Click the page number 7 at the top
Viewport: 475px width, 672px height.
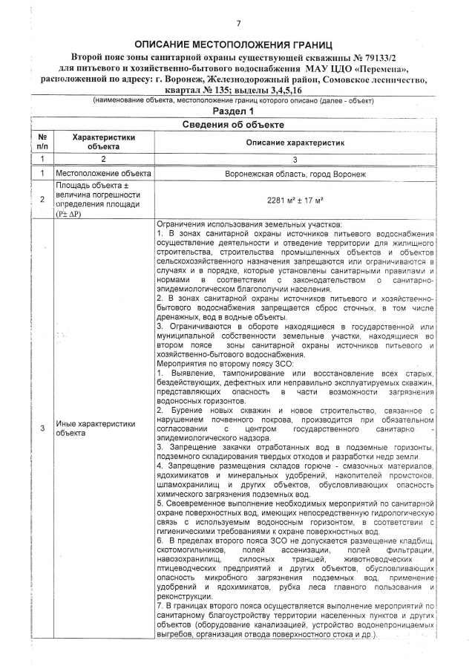[x=238, y=24]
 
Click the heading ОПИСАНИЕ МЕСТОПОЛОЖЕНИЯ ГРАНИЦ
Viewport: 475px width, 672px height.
[x=237, y=45]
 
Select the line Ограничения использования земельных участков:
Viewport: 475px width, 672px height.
[x=249, y=224]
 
